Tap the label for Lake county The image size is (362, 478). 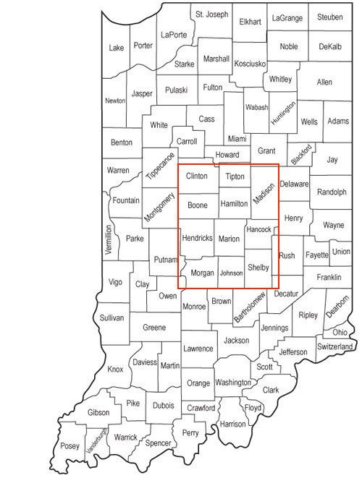(x=116, y=48)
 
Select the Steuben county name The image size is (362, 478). (x=329, y=16)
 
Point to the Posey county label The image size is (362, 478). (x=70, y=445)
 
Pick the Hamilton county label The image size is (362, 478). (x=234, y=205)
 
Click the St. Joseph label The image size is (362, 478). (x=211, y=14)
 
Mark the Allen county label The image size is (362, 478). (x=324, y=82)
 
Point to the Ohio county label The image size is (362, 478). (x=339, y=333)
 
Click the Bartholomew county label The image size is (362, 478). (x=251, y=307)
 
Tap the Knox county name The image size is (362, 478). (x=115, y=369)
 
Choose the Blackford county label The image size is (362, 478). (x=301, y=153)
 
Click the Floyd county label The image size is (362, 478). (x=253, y=408)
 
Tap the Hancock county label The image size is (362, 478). (x=258, y=229)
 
